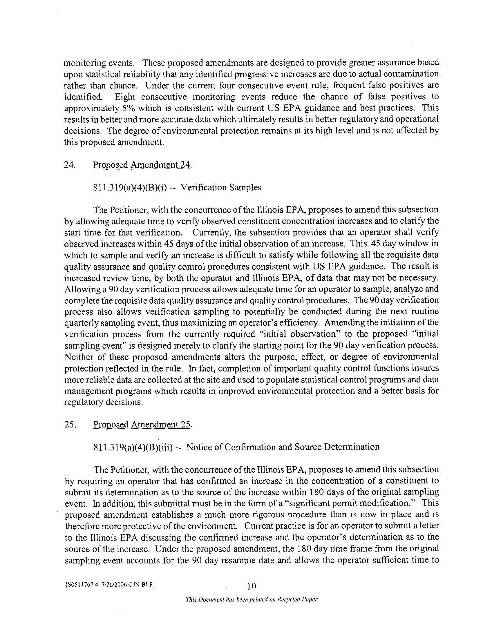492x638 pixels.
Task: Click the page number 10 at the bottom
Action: click(252, 586)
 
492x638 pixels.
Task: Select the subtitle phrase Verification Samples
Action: click(221, 187)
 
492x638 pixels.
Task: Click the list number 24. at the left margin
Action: click(70, 165)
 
